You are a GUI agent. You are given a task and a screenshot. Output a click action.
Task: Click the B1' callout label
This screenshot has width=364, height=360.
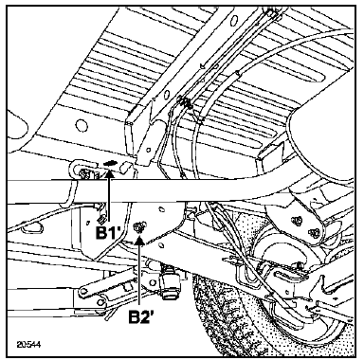109,233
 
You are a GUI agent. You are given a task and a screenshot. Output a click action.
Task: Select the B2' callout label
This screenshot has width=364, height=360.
141,316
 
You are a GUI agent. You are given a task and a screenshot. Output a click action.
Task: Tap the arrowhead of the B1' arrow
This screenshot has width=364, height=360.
109,171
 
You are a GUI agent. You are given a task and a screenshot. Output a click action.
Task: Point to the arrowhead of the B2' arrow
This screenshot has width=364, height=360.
139,242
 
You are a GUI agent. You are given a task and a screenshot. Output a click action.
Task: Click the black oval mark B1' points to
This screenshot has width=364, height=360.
110,163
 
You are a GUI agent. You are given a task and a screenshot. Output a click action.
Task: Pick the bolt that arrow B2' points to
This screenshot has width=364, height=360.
138,227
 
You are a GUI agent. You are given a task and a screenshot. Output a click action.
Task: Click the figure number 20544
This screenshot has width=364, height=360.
28,344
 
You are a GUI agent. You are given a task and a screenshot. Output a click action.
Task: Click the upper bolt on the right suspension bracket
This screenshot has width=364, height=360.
298,220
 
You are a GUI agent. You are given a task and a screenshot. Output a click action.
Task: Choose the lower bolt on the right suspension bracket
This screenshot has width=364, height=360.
313,232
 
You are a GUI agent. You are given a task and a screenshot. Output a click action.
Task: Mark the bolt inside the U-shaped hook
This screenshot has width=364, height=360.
85,173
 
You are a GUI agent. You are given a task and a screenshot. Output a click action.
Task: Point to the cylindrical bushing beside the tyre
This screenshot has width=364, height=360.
171,282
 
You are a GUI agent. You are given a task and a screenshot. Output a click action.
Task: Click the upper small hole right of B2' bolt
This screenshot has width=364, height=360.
161,208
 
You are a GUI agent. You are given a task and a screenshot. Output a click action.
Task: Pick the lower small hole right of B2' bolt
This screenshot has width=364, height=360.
160,244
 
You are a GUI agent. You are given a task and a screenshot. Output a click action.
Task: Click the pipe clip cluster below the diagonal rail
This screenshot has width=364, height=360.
186,103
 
